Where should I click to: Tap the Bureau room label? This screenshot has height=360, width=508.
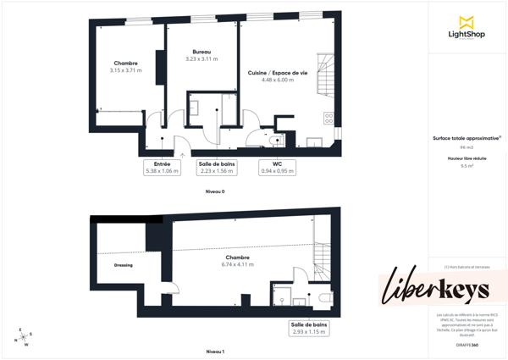[x=202, y=52]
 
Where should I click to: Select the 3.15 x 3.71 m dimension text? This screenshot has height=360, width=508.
[x=126, y=70]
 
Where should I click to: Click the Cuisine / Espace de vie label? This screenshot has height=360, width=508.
[x=277, y=73]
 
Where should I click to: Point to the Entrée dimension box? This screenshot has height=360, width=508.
[x=163, y=167]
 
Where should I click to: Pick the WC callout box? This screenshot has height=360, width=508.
[x=277, y=167]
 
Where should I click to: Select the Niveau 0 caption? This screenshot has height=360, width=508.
[x=215, y=192]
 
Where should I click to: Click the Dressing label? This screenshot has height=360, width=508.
[x=124, y=265]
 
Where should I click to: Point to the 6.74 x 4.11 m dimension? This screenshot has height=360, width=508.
[x=237, y=264]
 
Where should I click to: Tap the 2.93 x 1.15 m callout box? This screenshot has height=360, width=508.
[x=309, y=329]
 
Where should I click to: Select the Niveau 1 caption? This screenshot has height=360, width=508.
[x=215, y=350]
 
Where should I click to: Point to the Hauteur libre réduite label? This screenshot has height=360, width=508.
[x=465, y=158]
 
